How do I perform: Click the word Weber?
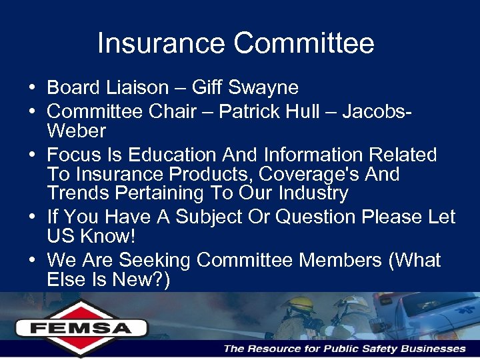(77, 130)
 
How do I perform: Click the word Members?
(341, 260)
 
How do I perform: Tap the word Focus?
(73, 155)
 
